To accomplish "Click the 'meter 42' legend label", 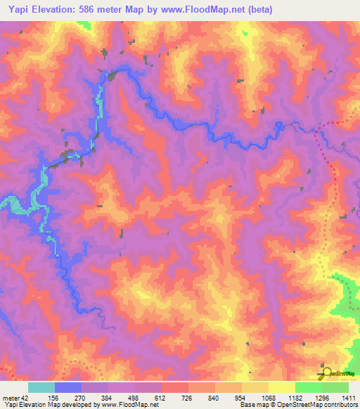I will pyautogui.click(x=15, y=397).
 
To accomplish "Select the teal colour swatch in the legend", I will pyautogui.click(x=41, y=387).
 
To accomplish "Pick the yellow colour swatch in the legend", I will pyautogui.click(x=282, y=387).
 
